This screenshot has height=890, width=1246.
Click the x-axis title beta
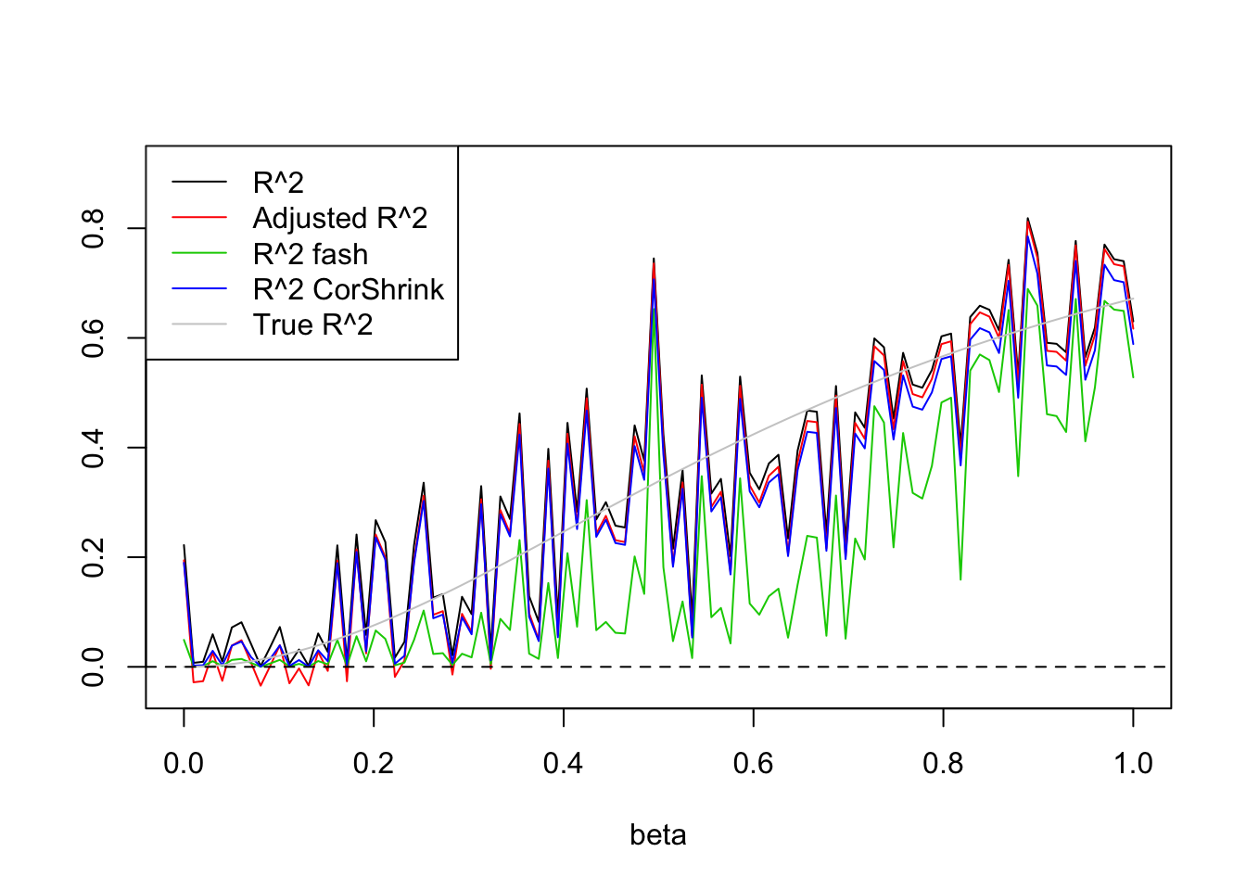click(x=657, y=834)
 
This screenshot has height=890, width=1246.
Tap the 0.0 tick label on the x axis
click(x=184, y=763)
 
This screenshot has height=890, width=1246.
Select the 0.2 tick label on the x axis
click(x=374, y=763)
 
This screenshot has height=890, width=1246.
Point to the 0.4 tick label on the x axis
click(x=564, y=763)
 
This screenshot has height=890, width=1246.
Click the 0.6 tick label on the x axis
click(x=753, y=763)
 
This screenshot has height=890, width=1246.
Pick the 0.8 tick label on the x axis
click(x=943, y=763)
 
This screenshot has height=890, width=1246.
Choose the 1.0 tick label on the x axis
click(x=1133, y=763)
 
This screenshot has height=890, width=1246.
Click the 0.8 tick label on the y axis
click(x=93, y=228)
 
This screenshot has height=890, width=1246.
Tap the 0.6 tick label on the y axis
click(x=93, y=337)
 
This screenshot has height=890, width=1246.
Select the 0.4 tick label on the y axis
click(x=93, y=447)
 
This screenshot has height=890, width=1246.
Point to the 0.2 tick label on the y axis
click(x=93, y=557)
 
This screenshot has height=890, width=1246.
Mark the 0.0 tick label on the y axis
click(x=93, y=667)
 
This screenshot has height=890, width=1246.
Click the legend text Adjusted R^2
click(x=340, y=218)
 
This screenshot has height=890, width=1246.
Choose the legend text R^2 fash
click(x=311, y=254)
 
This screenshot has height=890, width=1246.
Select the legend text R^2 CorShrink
click(x=349, y=289)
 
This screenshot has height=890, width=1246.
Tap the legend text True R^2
click(x=312, y=324)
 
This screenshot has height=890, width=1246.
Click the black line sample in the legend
click(x=199, y=183)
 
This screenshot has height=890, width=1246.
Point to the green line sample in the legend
click(x=199, y=254)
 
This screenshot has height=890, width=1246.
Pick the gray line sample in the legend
click(x=199, y=324)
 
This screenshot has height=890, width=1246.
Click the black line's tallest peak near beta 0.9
click(x=1028, y=219)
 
